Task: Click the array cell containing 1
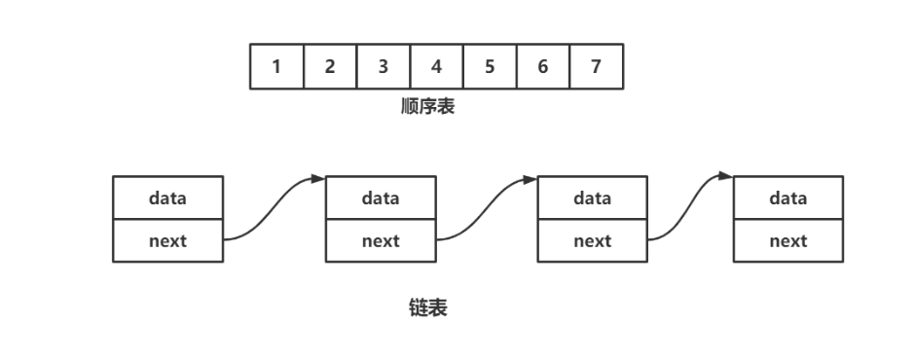pyautogui.click(x=276, y=66)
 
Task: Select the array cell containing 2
pyautogui.click(x=330, y=66)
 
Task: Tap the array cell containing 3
pyautogui.click(x=384, y=66)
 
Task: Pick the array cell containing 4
pyautogui.click(x=436, y=66)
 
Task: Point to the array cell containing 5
pyautogui.click(x=490, y=66)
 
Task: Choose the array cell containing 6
pyautogui.click(x=542, y=66)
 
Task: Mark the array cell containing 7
pyautogui.click(x=596, y=66)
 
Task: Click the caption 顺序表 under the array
pyautogui.click(x=428, y=107)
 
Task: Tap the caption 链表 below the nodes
pyautogui.click(x=428, y=308)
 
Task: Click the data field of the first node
pyautogui.click(x=168, y=198)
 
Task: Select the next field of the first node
pyautogui.click(x=168, y=241)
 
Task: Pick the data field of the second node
pyautogui.click(x=381, y=198)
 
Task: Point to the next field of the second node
pyautogui.click(x=381, y=241)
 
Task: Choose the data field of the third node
pyautogui.click(x=593, y=198)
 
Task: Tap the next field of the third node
pyautogui.click(x=593, y=241)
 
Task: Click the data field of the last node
pyautogui.click(x=788, y=198)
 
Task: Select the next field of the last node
pyautogui.click(x=788, y=241)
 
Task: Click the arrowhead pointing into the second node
pyautogui.click(x=318, y=178)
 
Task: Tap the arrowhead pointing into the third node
pyautogui.click(x=531, y=179)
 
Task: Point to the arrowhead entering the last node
pyautogui.click(x=726, y=176)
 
